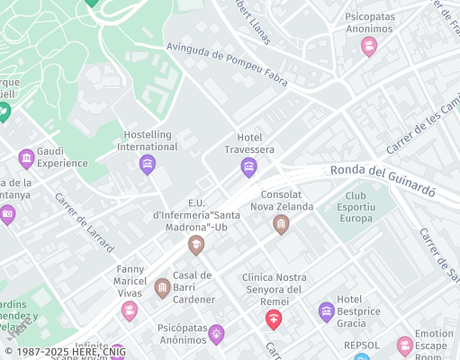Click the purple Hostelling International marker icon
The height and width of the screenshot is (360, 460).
(148, 165)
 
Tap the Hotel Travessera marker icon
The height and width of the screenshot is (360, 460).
(248, 167)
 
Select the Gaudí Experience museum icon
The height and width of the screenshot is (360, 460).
(26, 159)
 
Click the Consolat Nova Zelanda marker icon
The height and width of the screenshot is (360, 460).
(281, 224)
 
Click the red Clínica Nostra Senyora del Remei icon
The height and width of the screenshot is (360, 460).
(274, 319)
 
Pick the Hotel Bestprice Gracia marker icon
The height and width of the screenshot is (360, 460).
(327, 311)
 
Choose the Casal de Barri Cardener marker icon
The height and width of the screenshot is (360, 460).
(162, 288)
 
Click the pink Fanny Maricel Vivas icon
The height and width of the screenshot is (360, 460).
(130, 311)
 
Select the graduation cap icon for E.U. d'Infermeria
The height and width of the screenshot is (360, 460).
(195, 245)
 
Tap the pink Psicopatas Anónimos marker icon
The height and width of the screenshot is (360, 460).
(368, 47)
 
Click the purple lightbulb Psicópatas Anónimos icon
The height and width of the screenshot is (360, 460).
(216, 335)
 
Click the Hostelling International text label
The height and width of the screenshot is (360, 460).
(148, 140)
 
